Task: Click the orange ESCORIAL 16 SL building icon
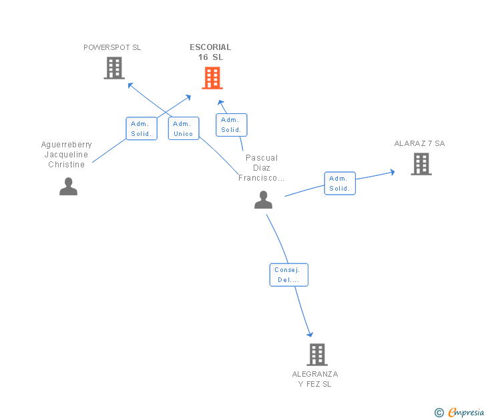pos(212,78)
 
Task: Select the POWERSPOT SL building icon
pos(114,68)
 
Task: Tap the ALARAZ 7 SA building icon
pos(421,164)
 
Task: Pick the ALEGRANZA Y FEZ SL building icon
pos(317,355)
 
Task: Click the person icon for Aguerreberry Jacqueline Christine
pos(69,186)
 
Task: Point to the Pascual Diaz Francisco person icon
pos(264,199)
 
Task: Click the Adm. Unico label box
pos(184,129)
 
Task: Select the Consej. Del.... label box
pos(289,275)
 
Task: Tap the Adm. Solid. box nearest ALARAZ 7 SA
pos(340,183)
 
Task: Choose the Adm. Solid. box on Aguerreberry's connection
pos(142,129)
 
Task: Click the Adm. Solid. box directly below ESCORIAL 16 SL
pos(232,125)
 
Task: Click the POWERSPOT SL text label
pos(112,47)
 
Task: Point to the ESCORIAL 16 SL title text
pos(210,52)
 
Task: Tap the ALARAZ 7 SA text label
pos(420,143)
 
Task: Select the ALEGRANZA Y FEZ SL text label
pos(315,379)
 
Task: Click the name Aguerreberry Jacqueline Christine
pos(66,155)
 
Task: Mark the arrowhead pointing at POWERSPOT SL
pos(130,85)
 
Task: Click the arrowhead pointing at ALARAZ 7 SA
pos(393,172)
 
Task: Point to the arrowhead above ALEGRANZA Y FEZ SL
pos(310,334)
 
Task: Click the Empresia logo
pos(459,413)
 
